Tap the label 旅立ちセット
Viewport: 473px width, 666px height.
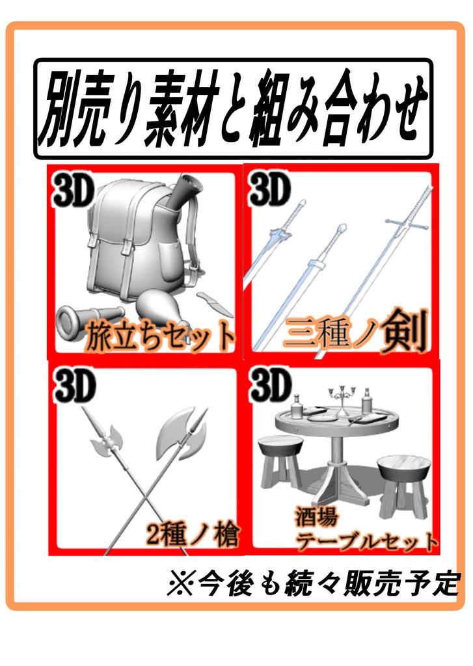click(x=161, y=336)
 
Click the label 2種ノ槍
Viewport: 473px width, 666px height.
click(x=193, y=535)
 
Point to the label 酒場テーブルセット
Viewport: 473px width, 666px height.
click(x=364, y=529)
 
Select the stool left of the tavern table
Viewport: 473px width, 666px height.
click(x=280, y=462)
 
